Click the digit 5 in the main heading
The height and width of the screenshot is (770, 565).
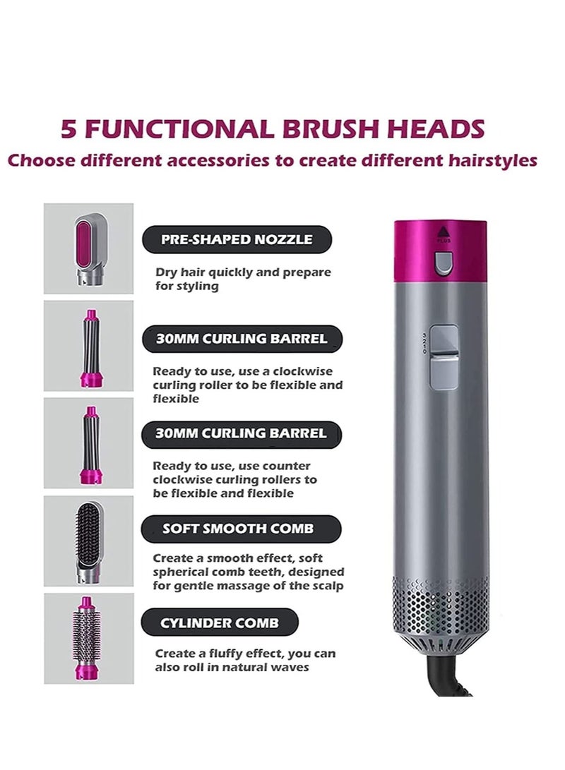[x=69, y=129]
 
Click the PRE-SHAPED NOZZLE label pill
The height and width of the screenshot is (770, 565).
[x=237, y=239]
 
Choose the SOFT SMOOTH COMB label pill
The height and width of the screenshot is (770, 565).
[x=237, y=528]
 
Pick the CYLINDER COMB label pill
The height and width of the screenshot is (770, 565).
[x=220, y=623]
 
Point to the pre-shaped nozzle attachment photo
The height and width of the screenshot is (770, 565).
[x=88, y=248]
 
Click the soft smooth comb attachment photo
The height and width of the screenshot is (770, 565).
[x=88, y=541]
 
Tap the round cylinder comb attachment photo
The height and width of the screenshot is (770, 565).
[x=88, y=638]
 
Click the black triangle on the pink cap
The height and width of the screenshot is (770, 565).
[x=444, y=230]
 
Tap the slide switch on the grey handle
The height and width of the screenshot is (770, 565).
[x=444, y=356]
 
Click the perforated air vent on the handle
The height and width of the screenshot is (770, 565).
[x=440, y=607]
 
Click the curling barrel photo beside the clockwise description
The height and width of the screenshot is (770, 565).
[x=88, y=346]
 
